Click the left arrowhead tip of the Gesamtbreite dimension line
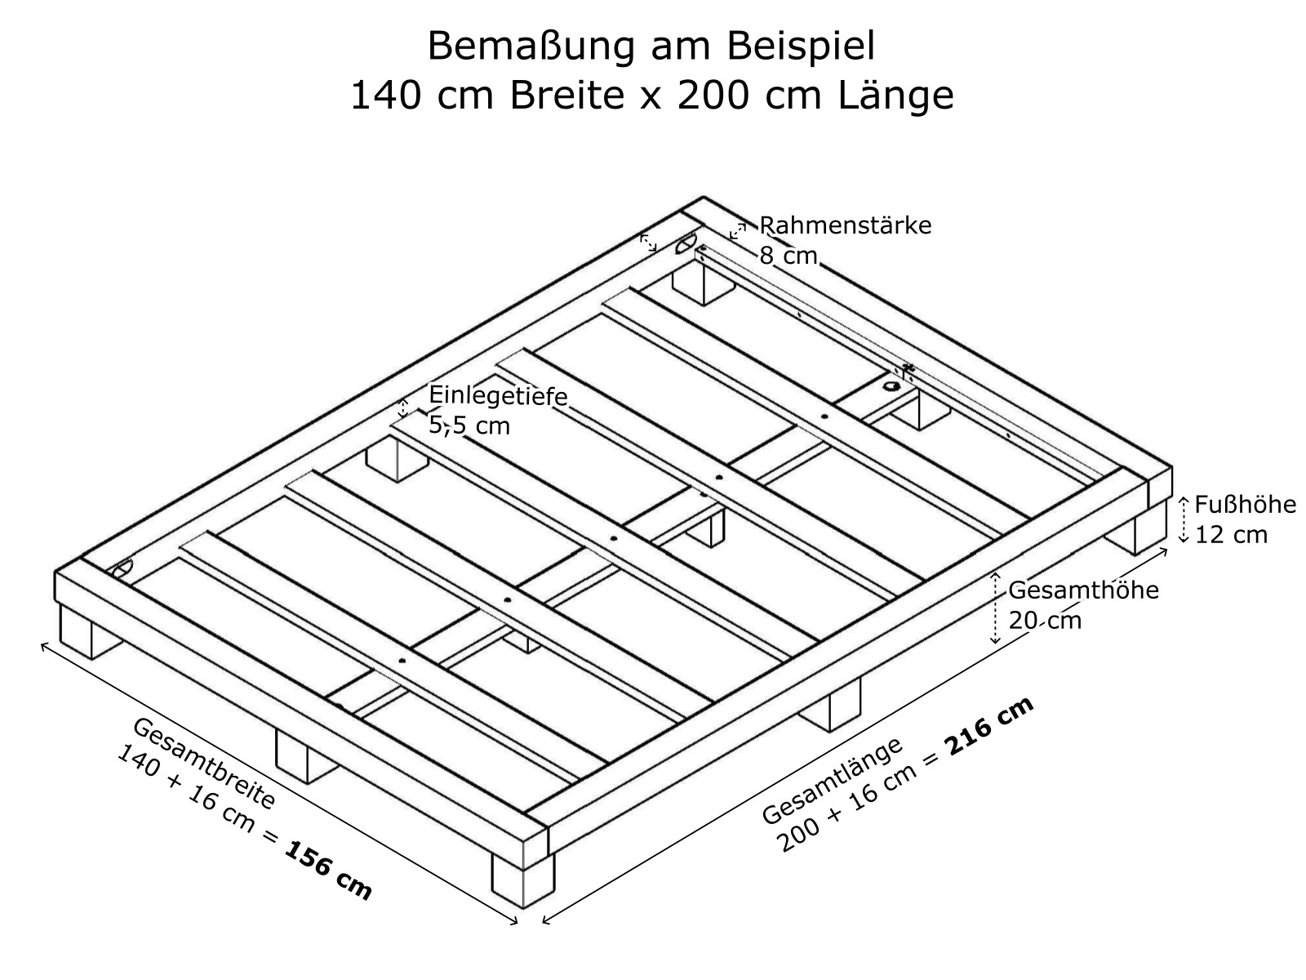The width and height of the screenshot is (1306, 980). (x=41, y=644)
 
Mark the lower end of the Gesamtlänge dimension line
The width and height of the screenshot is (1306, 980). (x=543, y=923)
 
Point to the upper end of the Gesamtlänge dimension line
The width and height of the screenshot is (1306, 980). (x=1167, y=549)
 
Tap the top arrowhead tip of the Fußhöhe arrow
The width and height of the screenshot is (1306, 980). (x=1184, y=497)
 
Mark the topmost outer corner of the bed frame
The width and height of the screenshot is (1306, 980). (x=704, y=196)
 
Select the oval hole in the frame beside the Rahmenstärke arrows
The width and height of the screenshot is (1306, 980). (x=686, y=243)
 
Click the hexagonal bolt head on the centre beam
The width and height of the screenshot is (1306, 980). (x=891, y=387)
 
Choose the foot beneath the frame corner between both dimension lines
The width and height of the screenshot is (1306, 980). (x=523, y=880)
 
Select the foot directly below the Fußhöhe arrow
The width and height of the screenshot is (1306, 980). (x=1136, y=529)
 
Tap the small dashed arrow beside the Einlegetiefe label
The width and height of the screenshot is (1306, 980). (x=403, y=408)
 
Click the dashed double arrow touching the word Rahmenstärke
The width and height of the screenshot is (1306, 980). (x=738, y=231)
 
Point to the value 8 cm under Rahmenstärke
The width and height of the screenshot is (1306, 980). (x=788, y=256)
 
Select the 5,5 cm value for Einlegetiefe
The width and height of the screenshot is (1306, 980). (x=469, y=425)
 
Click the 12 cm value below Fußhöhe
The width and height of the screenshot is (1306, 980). (x=1231, y=534)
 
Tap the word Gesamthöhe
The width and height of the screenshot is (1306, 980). (x=1083, y=590)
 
